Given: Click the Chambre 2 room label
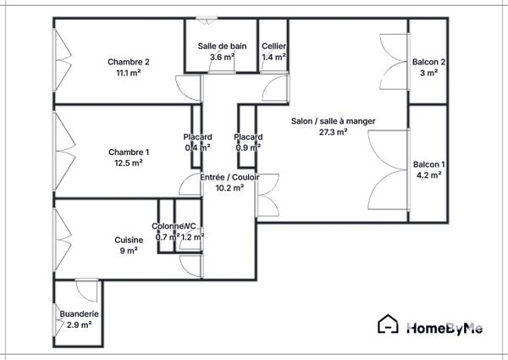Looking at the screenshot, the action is (129, 62).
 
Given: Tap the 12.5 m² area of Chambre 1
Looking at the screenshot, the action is (129, 163).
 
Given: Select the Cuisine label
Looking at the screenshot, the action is (129, 240).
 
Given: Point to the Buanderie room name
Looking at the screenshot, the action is (79, 313).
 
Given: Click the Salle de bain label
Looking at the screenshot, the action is (222, 46).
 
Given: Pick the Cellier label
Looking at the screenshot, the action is (273, 46).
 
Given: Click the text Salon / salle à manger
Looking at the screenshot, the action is (333, 121).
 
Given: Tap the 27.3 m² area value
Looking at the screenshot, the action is (333, 132).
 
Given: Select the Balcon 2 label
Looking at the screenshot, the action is (428, 62).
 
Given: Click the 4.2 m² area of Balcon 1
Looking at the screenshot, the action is (428, 175).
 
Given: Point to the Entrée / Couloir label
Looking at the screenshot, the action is (229, 177).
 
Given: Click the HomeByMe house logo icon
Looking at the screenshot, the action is (388, 324).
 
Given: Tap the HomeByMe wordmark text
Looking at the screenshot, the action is (444, 328).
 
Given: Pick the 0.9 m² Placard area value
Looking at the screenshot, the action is (248, 147).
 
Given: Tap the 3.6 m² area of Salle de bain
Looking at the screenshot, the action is (222, 57).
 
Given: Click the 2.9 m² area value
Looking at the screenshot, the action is (79, 324).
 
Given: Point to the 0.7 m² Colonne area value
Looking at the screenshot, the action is (167, 237).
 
